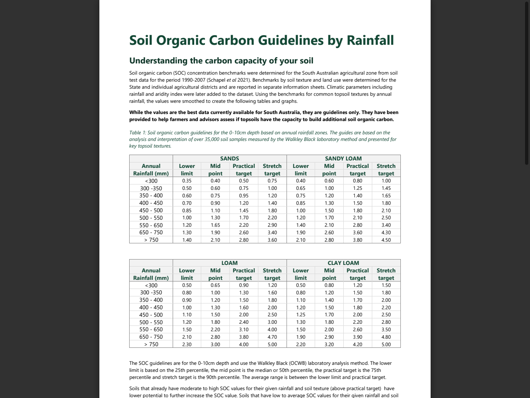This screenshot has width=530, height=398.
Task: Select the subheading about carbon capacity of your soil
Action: coord(221,61)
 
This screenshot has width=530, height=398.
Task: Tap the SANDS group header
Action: coord(229,158)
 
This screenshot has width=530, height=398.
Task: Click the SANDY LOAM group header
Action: coord(343,158)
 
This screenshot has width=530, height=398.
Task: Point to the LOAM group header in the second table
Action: coord(229,263)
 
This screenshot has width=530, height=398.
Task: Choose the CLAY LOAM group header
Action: coord(343,263)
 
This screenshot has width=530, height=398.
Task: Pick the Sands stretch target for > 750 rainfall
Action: coord(272,240)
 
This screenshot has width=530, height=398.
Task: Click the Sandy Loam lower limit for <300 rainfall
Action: coord(301,181)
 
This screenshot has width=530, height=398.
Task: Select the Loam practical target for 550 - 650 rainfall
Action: coord(243,330)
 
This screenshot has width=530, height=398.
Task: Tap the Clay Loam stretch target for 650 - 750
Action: coord(386,337)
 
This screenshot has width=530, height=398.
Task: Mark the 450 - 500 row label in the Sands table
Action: coord(151,210)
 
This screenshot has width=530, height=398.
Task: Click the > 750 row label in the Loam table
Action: coord(151,344)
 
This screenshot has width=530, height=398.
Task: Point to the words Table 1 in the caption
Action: coord(137,133)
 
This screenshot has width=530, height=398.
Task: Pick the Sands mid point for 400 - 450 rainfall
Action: coord(215,203)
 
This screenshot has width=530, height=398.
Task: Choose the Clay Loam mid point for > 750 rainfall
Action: coord(329,345)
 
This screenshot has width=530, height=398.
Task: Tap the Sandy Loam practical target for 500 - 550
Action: coord(357,218)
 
